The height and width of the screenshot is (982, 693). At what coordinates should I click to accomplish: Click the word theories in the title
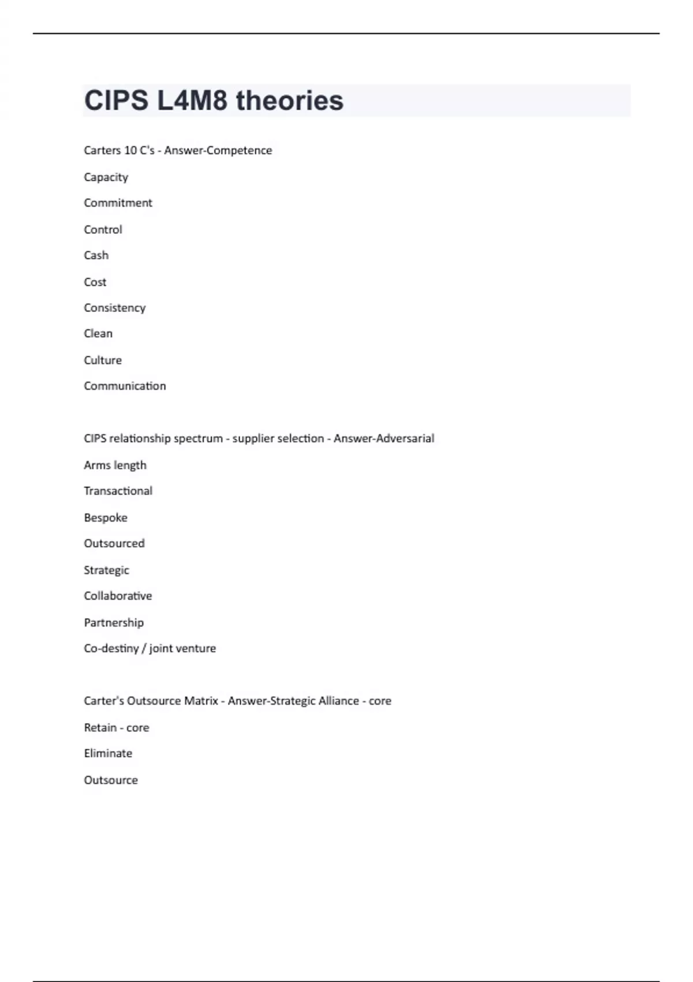coord(289,101)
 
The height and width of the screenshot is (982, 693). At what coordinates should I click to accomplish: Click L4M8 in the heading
coord(192,101)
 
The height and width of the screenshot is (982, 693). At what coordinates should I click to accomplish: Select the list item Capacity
coord(106,177)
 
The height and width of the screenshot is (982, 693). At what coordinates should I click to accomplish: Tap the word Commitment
coord(118,203)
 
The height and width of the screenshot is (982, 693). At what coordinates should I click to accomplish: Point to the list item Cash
coord(96,255)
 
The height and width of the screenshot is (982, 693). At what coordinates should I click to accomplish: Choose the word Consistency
coord(114,308)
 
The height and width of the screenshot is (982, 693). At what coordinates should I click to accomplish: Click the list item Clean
coord(98,333)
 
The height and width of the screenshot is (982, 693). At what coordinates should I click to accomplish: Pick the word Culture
coord(103,360)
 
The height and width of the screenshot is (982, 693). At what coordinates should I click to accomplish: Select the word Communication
coord(125,386)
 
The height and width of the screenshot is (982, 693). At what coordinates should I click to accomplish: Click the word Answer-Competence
coord(218,150)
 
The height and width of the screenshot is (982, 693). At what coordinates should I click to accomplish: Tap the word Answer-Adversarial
coord(383,438)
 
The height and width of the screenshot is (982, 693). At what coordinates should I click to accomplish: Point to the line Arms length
coord(115,465)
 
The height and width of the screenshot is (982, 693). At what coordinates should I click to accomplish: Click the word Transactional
coord(118,491)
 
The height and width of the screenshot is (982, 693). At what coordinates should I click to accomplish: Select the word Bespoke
coord(106,518)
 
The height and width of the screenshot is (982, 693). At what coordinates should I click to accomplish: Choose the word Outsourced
coord(114,544)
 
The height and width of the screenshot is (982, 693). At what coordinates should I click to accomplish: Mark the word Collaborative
coord(118,596)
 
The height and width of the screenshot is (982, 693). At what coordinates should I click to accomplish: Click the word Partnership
coord(114,623)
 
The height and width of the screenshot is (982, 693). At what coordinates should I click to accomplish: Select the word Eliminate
coord(108,753)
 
